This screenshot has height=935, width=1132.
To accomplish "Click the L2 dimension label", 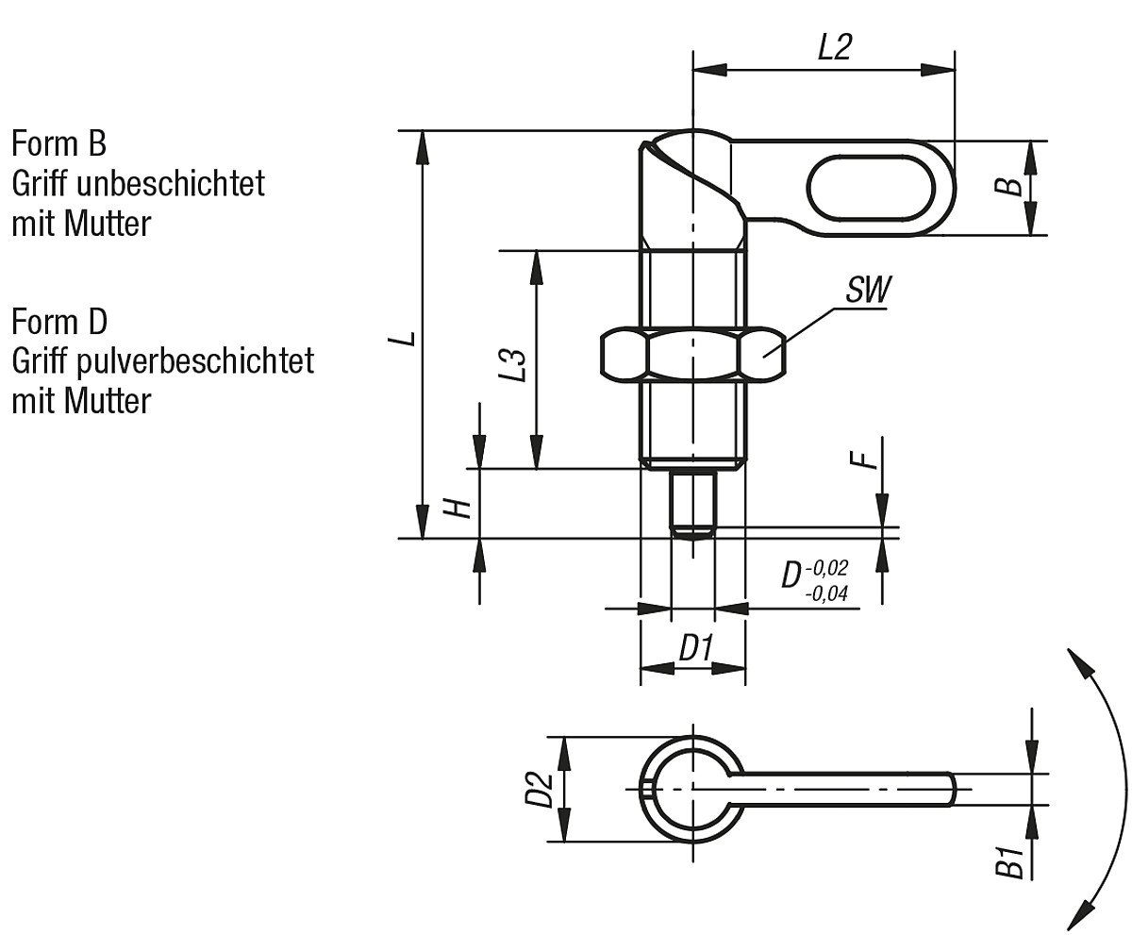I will [834, 48].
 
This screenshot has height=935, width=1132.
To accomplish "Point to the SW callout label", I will [867, 290].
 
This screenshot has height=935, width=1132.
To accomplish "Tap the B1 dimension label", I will [1011, 862].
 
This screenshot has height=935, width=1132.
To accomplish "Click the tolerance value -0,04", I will [827, 594].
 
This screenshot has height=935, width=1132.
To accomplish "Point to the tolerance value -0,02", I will [827, 568].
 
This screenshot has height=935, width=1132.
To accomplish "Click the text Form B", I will [58, 144].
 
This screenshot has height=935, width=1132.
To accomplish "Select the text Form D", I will [59, 322].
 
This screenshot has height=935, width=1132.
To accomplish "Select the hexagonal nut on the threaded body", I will [693, 353].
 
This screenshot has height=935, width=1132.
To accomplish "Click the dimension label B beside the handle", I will [1011, 186].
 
